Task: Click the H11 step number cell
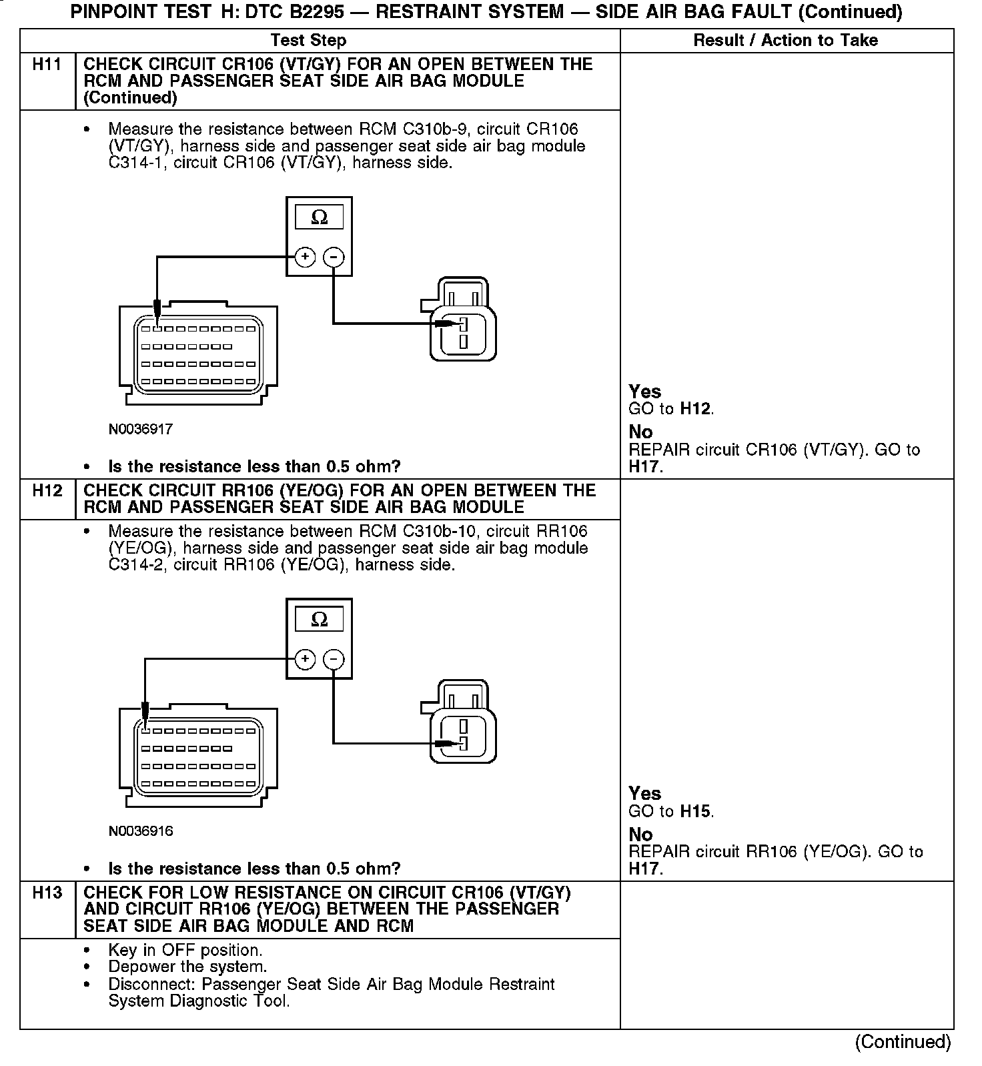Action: (x=47, y=65)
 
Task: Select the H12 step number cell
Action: (x=47, y=492)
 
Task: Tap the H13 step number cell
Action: (x=47, y=894)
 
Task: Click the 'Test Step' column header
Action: (x=309, y=41)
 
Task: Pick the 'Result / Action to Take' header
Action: (x=785, y=41)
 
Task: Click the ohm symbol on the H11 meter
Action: (x=320, y=217)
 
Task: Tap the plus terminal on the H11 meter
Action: (x=305, y=257)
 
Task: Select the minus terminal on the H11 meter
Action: (x=334, y=257)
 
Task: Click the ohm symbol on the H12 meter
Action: (x=320, y=620)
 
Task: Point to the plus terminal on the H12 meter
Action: (x=305, y=660)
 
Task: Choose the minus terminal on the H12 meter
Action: (x=334, y=660)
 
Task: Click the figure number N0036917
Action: (x=141, y=430)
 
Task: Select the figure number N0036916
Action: (x=141, y=831)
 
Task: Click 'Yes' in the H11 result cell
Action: (x=644, y=392)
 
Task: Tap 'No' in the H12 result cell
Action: (x=640, y=835)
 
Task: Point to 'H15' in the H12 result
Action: (x=695, y=812)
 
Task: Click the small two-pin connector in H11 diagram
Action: (x=462, y=320)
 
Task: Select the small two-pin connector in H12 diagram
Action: (x=462, y=722)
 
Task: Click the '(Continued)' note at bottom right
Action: (x=903, y=1043)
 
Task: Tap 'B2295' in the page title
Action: (x=314, y=11)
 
